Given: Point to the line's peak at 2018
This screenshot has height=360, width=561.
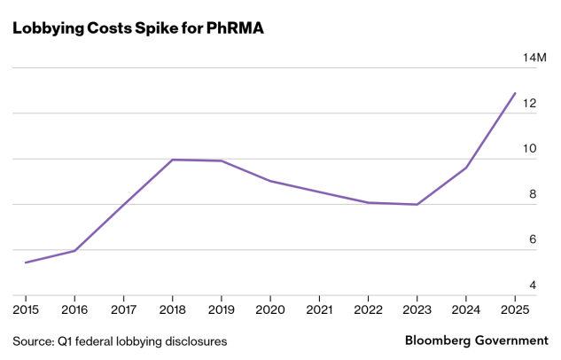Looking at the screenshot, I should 172,160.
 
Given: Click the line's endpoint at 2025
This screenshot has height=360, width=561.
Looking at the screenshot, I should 515,93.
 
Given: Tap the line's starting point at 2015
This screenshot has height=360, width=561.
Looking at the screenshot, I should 26,262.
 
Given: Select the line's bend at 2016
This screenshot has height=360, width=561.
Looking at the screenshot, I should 74,251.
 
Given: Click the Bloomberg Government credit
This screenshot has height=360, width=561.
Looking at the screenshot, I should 476,340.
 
